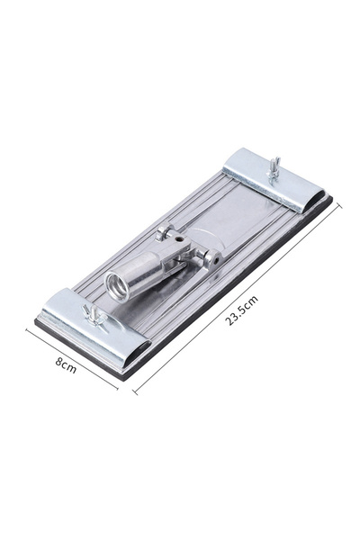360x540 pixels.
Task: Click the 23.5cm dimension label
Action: click(241, 310)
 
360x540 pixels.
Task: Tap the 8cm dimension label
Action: click(66, 365)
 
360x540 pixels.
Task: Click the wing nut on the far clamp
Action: click(274, 168)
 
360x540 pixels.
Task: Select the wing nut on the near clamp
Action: click(94, 314)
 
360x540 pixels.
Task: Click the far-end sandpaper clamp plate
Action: click(274, 180)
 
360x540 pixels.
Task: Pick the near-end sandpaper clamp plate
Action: click(95, 328)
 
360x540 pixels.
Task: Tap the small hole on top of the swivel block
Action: click(178, 238)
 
